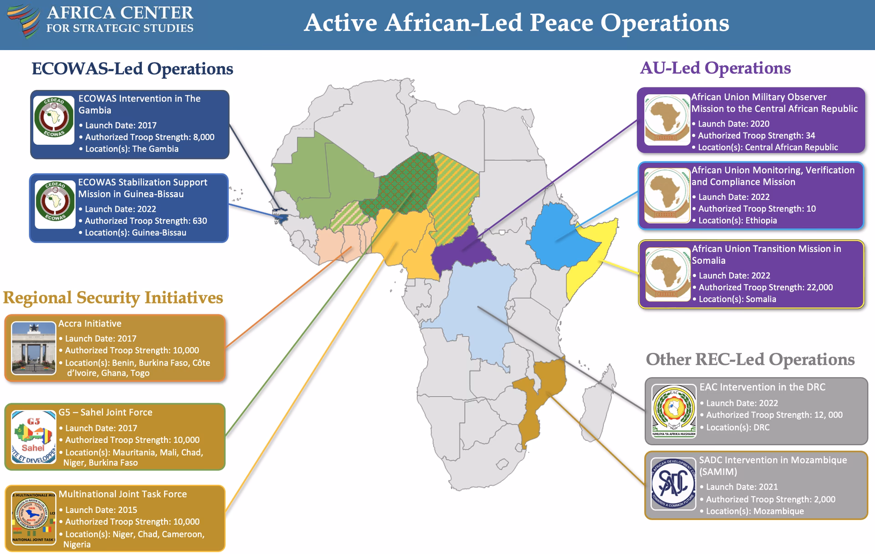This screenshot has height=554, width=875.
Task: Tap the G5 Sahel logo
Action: pos(34,437)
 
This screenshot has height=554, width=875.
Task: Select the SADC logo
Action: pos(673,483)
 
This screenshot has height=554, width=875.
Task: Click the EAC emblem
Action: pos(674,410)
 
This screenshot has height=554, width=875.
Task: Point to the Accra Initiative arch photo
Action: pos(34,348)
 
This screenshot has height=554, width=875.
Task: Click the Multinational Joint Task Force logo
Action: pos(34,518)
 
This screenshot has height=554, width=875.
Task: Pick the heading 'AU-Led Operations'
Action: pos(715,68)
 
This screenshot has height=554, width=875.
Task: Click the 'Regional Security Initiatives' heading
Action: pos(113,298)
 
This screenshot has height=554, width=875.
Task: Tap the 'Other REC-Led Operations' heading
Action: pos(750,359)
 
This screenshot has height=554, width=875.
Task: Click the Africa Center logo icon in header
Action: pos(24,21)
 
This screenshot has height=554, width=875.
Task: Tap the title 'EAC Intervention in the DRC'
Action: pos(762,387)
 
